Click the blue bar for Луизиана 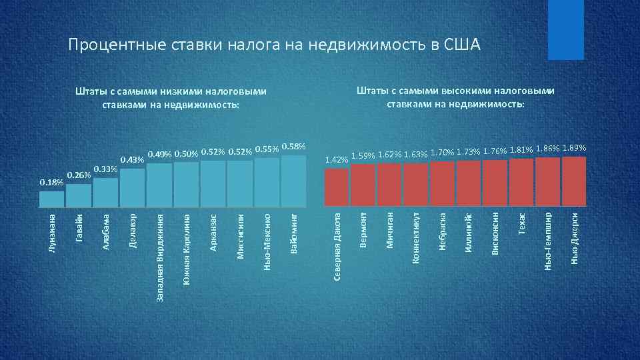pos(52,200)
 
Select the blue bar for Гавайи pos(79,196)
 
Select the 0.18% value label pos(51,182)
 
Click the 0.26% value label pos(79,175)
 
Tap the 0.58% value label pos(293,146)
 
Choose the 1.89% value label pos(574,147)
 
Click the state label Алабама pos(105,231)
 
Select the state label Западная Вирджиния pos(159,257)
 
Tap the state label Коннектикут pos(415,237)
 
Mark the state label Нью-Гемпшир pos(548,237)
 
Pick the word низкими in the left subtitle pos(181,92)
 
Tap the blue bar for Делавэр pos(133,188)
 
